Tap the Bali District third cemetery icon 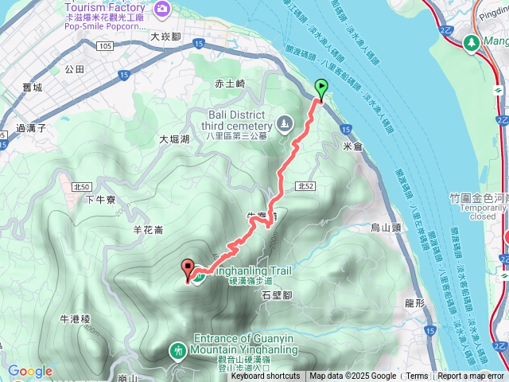tap(284, 123)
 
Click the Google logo tap(30, 371)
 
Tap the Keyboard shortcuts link tap(266, 376)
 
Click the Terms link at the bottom tap(417, 376)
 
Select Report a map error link tap(471, 376)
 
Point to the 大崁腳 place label tap(166, 37)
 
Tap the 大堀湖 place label tap(174, 139)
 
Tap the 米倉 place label tap(352, 146)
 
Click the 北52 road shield tap(305, 185)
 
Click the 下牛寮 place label tap(101, 200)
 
